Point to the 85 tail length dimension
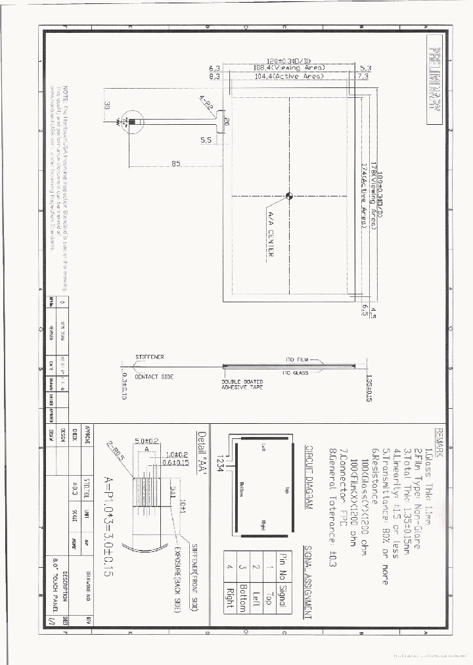tap(176, 164)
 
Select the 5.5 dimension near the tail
tap(205, 140)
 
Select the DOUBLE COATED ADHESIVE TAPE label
tap(242, 384)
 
